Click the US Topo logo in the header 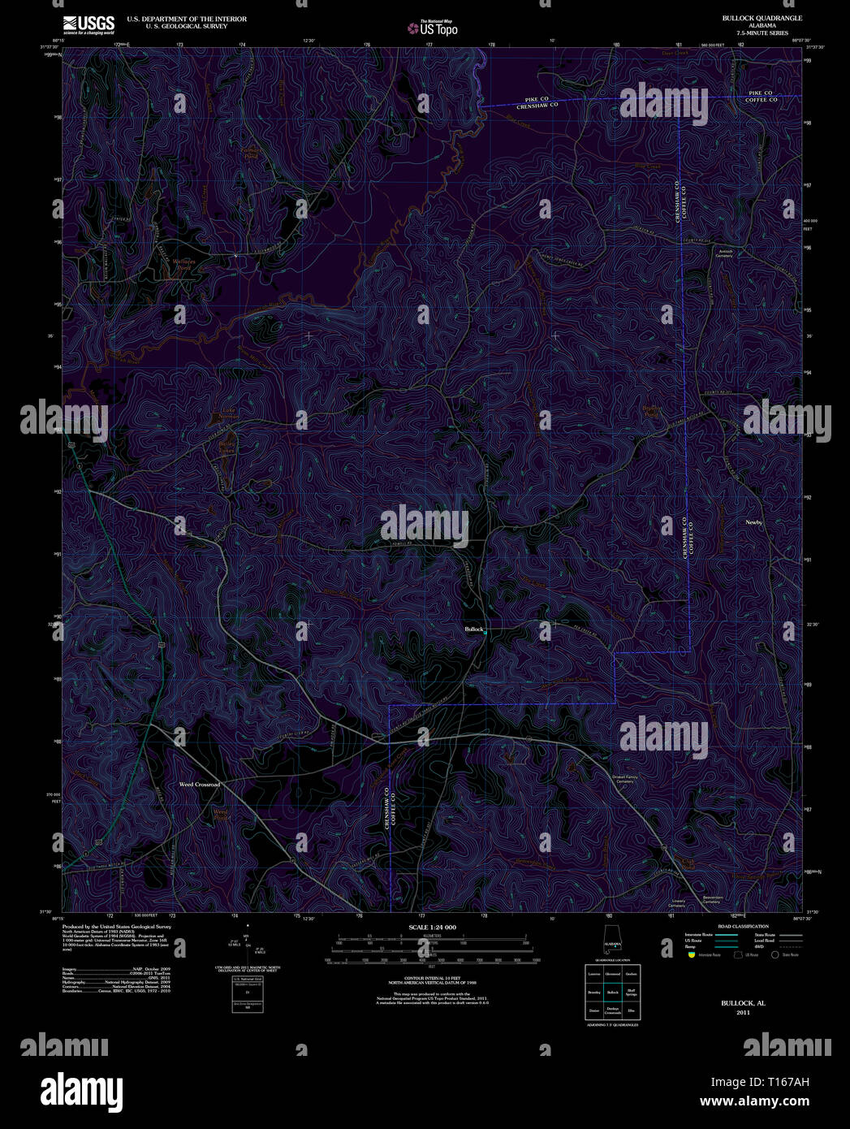pyautogui.click(x=433, y=28)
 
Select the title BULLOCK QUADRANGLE pyautogui.click(x=751, y=18)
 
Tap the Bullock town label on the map pyautogui.click(x=473, y=629)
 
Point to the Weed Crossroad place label pyautogui.click(x=200, y=785)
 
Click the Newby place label pyautogui.click(x=753, y=522)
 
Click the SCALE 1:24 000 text pyautogui.click(x=432, y=927)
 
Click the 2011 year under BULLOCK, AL pyautogui.click(x=743, y=1013)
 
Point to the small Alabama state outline pyautogui.click(x=612, y=945)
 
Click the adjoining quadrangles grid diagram pyautogui.click(x=612, y=992)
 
